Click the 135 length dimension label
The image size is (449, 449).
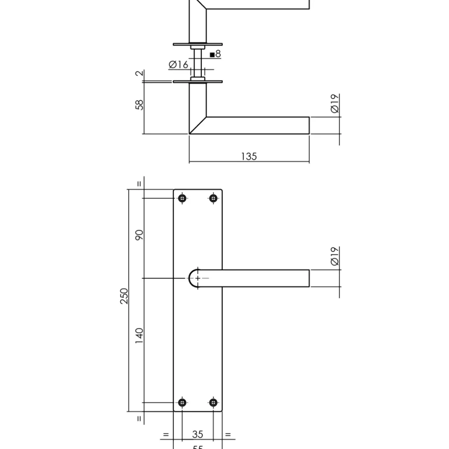point(249,156)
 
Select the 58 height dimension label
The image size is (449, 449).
point(139,105)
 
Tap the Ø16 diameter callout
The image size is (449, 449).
point(178,65)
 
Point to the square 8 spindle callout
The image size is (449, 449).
point(215,54)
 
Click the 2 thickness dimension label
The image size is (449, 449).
point(139,73)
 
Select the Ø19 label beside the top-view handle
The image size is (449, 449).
point(335,103)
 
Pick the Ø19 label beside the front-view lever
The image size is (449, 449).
point(335,256)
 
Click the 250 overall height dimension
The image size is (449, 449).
point(124,296)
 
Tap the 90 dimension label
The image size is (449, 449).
point(139,235)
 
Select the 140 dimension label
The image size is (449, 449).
point(139,336)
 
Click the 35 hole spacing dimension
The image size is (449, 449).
point(197,434)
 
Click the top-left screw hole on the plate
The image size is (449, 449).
point(182,198)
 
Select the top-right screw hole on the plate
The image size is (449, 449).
point(213,198)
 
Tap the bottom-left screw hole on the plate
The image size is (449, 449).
point(182,402)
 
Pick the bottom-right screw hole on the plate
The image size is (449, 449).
point(213,402)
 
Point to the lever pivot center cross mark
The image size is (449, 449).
point(198,278)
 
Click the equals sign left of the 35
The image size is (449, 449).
point(166,434)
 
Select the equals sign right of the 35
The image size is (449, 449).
point(228,434)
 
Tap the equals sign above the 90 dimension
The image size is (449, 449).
point(139,184)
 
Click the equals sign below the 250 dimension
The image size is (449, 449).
point(139,419)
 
